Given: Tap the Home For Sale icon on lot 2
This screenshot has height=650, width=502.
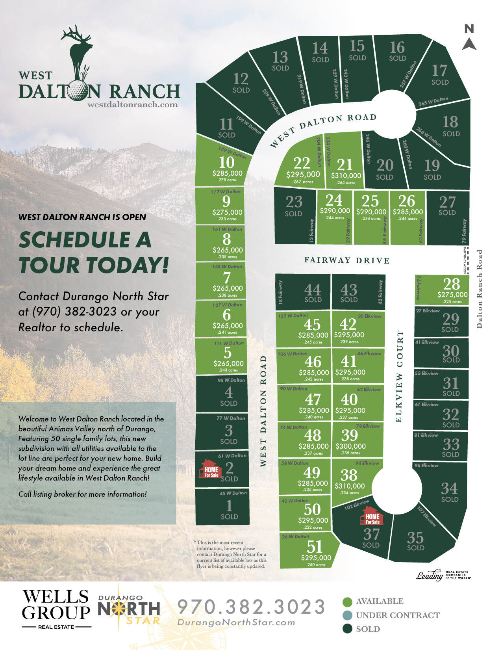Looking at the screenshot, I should point(211,469).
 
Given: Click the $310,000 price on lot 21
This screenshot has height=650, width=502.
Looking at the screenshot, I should point(346,176).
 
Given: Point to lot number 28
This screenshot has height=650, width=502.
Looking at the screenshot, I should point(451,284).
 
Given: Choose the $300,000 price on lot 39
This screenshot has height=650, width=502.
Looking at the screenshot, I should point(350,446).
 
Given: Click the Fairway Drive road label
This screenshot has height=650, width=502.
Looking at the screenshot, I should point(347,260).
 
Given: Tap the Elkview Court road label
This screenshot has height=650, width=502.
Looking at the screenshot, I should point(399,376).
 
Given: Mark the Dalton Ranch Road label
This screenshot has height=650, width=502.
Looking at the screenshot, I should point(479,289).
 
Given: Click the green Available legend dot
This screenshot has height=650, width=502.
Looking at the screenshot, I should point(347,602).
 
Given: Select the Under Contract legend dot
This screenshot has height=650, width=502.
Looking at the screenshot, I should point(347,615).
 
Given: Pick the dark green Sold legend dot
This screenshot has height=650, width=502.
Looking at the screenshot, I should point(347,629).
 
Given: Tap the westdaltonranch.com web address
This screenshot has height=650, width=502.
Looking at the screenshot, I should point(132,105).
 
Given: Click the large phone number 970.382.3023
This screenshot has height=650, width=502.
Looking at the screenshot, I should point(251,607).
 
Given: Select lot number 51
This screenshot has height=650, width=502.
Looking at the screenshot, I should point(315,546).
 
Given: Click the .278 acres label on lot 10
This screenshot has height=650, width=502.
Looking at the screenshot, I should point(227,180).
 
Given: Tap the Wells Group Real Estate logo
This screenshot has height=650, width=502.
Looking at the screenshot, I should point(56,609).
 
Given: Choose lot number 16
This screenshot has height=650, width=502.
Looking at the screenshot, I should point(397,48).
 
